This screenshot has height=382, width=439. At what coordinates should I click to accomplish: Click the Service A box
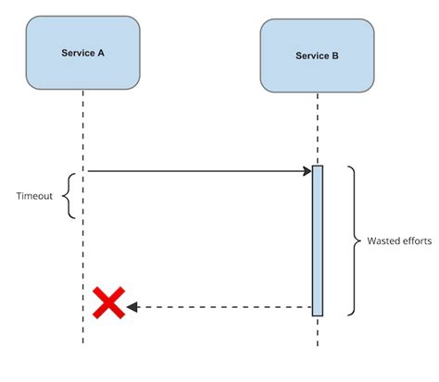pyautogui.click(x=84, y=54)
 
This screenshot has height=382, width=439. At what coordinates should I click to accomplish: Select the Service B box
pyautogui.click(x=317, y=56)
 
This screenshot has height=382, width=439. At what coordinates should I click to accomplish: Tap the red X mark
pyautogui.click(x=109, y=302)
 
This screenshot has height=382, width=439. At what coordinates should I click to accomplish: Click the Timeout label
pyautogui.click(x=35, y=196)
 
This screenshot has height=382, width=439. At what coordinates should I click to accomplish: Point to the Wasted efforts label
pyautogui.click(x=398, y=240)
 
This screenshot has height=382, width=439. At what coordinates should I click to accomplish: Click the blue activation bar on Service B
pyautogui.click(x=318, y=240)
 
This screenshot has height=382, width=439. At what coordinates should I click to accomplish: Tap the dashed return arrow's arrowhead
pyautogui.click(x=132, y=306)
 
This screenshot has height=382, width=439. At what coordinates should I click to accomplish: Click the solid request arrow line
pyautogui.click(x=194, y=171)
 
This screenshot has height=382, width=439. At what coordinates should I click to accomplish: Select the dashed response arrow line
pyautogui.click(x=222, y=306)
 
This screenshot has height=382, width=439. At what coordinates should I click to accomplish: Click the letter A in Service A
pyautogui.click(x=101, y=54)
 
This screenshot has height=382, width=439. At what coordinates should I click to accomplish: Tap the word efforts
pyautogui.click(x=415, y=240)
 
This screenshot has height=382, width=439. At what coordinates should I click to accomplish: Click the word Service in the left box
pyautogui.click(x=79, y=54)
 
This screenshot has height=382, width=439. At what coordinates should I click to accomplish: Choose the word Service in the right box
pyautogui.click(x=311, y=56)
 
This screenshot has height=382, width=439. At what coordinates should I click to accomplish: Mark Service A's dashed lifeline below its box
pyautogui.click(x=83, y=129)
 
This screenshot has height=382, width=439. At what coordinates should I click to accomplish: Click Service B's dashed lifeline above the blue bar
pyautogui.click(x=318, y=129)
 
